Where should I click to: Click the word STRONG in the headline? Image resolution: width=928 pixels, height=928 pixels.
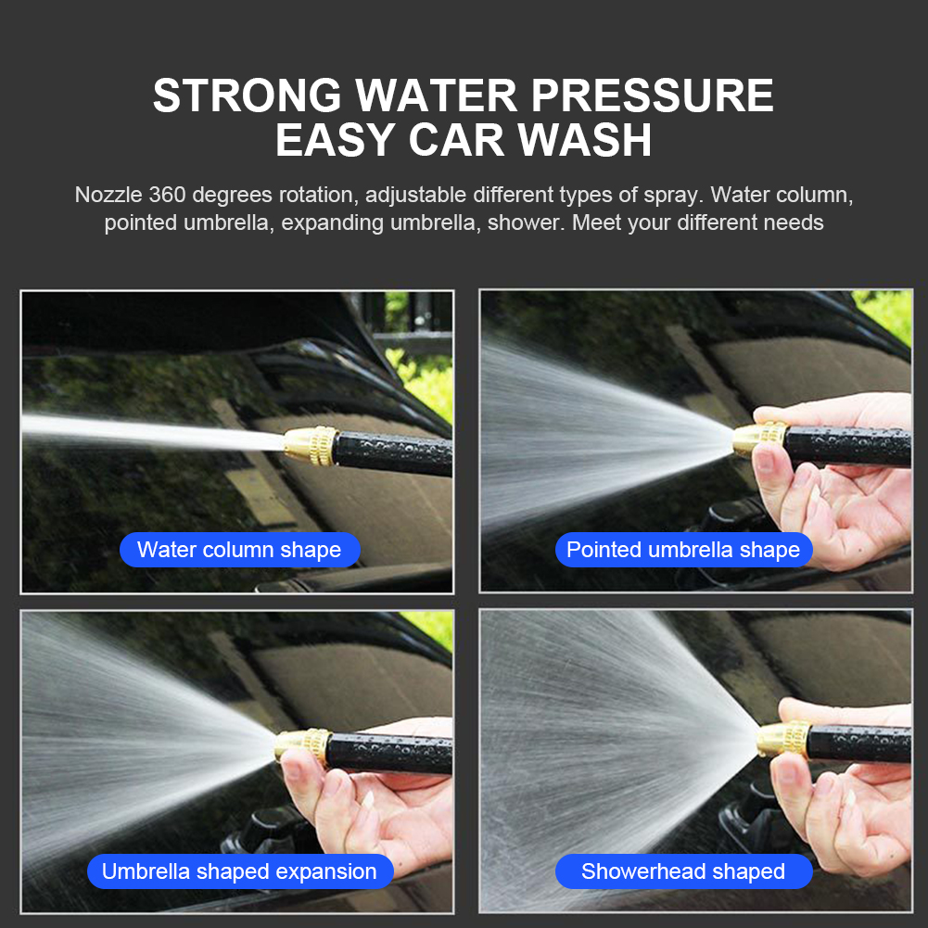248,95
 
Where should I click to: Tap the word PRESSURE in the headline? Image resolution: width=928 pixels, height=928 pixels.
652,95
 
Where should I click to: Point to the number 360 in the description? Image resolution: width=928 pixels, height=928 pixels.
167,195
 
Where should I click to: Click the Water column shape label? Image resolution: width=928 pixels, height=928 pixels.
240,550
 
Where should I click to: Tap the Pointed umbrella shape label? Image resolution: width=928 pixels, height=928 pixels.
683,550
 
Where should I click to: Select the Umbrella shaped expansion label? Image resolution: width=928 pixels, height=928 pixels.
240,871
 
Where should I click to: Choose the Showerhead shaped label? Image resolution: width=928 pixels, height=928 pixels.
683,871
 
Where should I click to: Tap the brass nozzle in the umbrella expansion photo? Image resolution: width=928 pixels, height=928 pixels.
302,746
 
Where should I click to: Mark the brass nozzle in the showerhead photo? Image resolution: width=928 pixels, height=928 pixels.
783,740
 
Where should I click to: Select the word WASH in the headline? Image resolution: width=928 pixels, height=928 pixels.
585,140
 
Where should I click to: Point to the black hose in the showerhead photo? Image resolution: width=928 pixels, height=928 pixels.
859,744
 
